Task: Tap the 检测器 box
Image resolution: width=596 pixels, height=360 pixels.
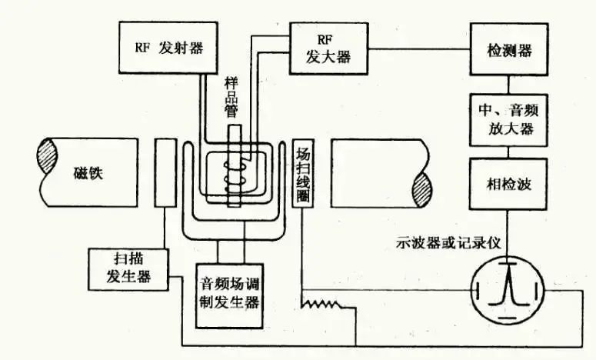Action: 508,48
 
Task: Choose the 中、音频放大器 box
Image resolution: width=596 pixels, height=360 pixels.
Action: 508,118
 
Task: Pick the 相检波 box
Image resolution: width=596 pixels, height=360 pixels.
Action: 508,185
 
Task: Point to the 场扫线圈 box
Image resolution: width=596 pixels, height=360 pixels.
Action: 301,173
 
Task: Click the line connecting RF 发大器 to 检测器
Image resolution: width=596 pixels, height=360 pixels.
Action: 419,48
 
